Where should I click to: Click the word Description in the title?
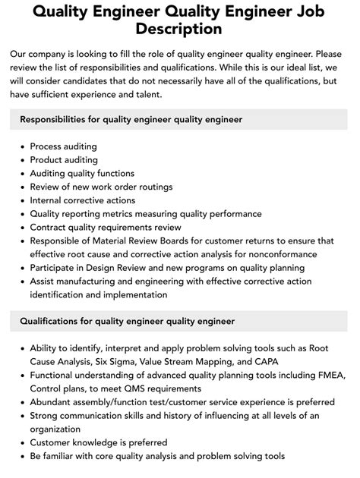click(180, 29)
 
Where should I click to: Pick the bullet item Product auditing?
click(64, 160)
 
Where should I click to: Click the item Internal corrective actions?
click(83, 200)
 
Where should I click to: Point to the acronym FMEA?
click(313, 376)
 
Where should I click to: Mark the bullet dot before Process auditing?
click(21, 146)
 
